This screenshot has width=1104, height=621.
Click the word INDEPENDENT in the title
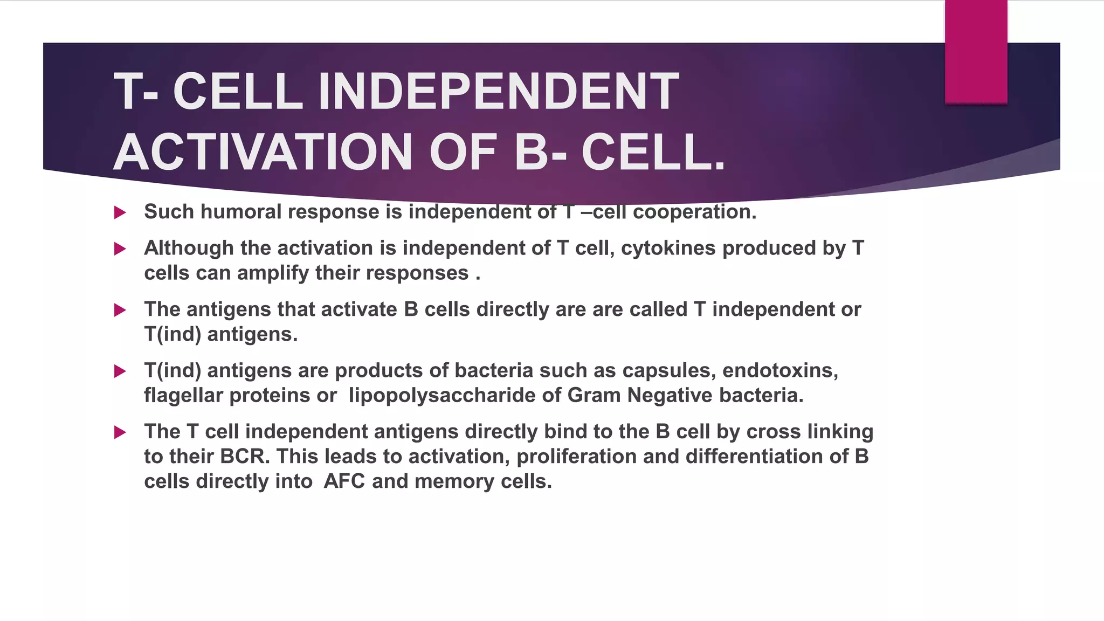click(498, 92)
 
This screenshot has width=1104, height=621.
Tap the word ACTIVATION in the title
click(263, 153)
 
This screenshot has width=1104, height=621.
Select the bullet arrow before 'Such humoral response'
click(120, 212)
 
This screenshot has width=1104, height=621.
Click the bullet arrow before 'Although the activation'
click(120, 249)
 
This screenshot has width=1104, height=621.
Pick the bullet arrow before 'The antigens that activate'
click(120, 310)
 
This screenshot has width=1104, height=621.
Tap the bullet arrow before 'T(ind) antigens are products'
click(120, 371)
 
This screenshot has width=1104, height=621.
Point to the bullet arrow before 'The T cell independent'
click(120, 432)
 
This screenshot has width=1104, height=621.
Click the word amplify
click(273, 273)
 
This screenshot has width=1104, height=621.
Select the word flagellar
click(183, 396)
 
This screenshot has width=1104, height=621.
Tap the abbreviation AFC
click(344, 481)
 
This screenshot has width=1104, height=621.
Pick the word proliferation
click(576, 457)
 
